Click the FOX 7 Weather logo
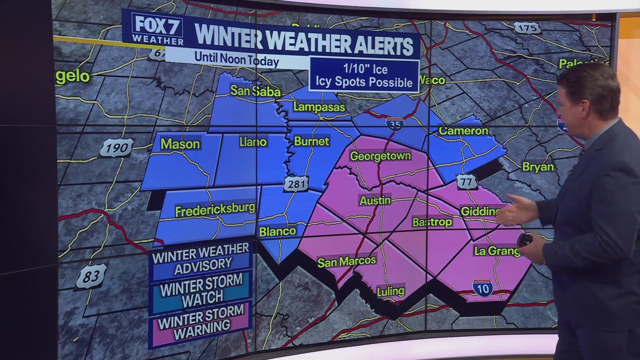pyautogui.click(x=157, y=29)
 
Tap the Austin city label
pyautogui.click(x=375, y=200)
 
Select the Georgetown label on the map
pyautogui.click(x=380, y=156)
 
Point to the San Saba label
pyautogui.click(x=255, y=91)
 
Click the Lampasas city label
pyautogui.click(x=319, y=107)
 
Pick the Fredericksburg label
pyautogui.click(x=215, y=209)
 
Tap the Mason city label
pyautogui.click(x=180, y=144)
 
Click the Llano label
pyautogui.click(x=253, y=142)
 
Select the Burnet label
pyautogui.click(x=311, y=141)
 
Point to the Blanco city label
pyautogui.click(x=277, y=231)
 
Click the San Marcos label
pyautogui.click(x=346, y=261)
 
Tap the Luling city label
pyautogui.click(x=390, y=290)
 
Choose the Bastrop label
pyautogui.click(x=432, y=222)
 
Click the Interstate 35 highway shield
pyautogui.click(x=395, y=124)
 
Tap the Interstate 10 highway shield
pyautogui.click(x=482, y=288)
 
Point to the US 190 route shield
pyautogui.click(x=116, y=148)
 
